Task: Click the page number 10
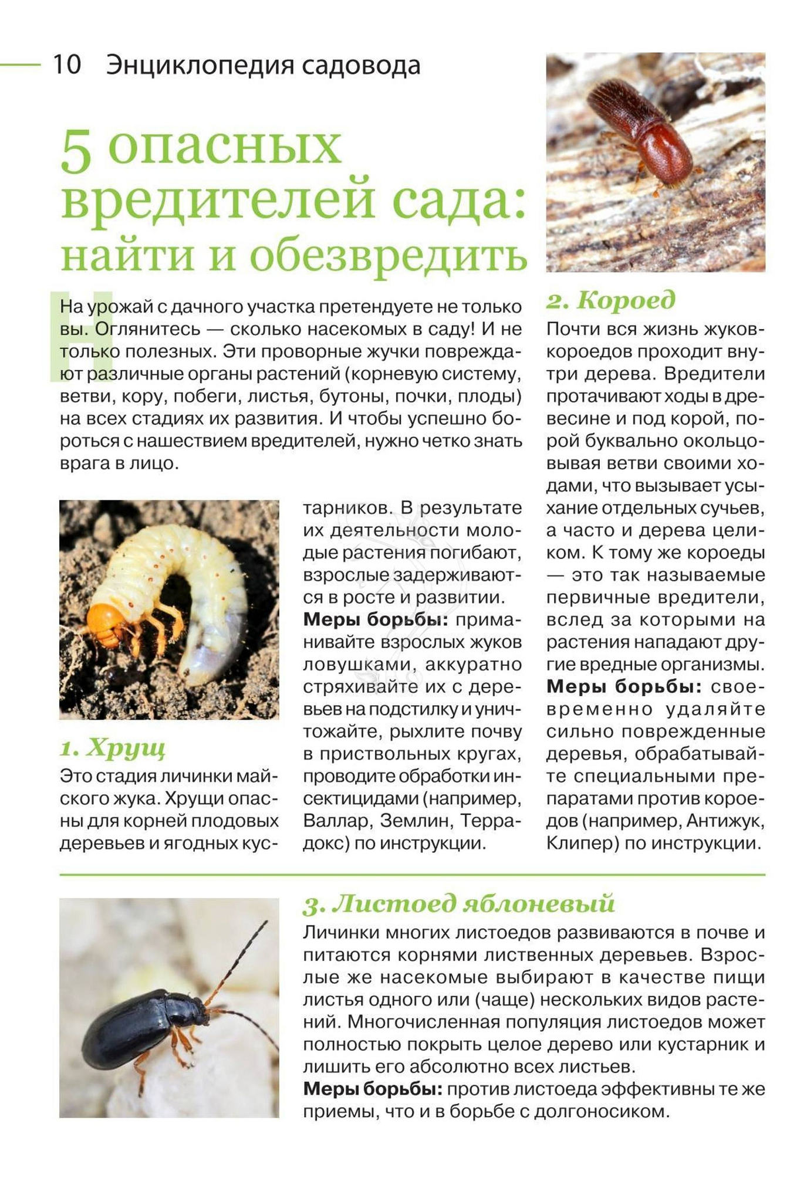pyautogui.click(x=66, y=65)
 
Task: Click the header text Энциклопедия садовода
pyautogui.click(x=263, y=65)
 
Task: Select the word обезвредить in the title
pyautogui.click(x=389, y=255)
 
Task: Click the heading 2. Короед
pyautogui.click(x=611, y=300)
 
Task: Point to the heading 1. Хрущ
pyautogui.click(x=113, y=747)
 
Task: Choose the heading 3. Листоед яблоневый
pyautogui.click(x=459, y=904)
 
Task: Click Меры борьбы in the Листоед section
pyautogui.click(x=372, y=1089)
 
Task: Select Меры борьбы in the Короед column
pyautogui.click(x=624, y=686)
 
